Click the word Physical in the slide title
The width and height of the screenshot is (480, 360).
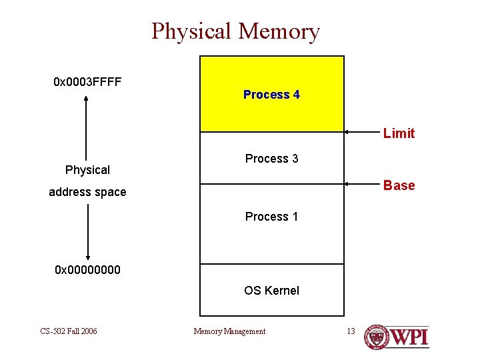point(191,31)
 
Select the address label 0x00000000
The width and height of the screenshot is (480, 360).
point(87,270)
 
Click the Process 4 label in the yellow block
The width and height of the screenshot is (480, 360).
point(271,95)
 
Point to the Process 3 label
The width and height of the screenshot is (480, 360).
point(271,159)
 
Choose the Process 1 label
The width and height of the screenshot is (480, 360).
point(271,217)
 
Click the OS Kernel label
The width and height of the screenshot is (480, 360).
point(271,291)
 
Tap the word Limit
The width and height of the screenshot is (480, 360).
point(399,133)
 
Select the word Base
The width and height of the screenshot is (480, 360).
point(399,185)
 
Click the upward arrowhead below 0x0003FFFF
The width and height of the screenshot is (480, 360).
point(87,98)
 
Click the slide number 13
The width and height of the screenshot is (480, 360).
point(351,331)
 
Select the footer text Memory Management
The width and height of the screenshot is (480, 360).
point(229,331)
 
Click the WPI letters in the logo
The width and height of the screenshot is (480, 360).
point(409,336)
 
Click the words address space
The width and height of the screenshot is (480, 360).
point(87,192)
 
